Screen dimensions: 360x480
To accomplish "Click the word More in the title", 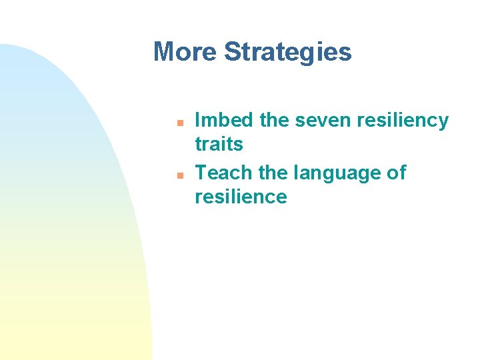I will (x=185, y=51).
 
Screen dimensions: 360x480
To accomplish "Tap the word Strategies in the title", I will (x=288, y=51).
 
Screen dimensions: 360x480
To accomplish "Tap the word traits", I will (x=219, y=143).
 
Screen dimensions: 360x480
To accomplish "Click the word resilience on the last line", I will (x=241, y=197).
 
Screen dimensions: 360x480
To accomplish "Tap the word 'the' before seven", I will (x=274, y=120).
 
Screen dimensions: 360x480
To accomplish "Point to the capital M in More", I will (x=164, y=51).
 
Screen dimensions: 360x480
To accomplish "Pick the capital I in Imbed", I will (x=197, y=120).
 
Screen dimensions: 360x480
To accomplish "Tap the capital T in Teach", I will (x=201, y=173).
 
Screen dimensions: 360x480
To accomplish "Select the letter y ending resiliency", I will (x=443, y=123).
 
